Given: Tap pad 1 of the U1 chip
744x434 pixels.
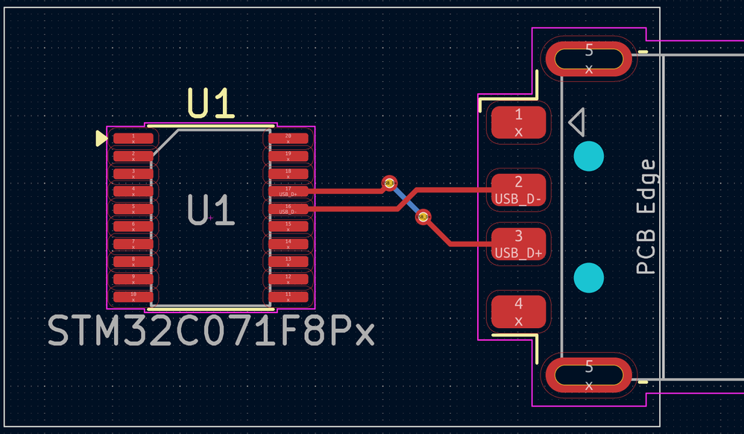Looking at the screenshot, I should pyautogui.click(x=133, y=139).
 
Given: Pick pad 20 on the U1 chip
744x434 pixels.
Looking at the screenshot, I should pyautogui.click(x=289, y=139).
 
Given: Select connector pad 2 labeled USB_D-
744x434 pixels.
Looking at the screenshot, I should pyautogui.click(x=519, y=189).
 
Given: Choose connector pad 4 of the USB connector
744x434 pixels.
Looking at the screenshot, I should pyautogui.click(x=519, y=312).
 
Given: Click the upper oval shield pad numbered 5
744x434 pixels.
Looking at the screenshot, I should pyautogui.click(x=589, y=59).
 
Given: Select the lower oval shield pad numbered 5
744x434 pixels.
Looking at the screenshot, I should pyautogui.click(x=589, y=375).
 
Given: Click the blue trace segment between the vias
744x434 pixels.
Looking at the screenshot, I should pyautogui.click(x=406, y=199).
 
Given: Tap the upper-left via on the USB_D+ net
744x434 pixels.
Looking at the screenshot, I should pyautogui.click(x=388, y=182).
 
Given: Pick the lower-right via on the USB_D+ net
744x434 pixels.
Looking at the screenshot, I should pyautogui.click(x=423, y=217).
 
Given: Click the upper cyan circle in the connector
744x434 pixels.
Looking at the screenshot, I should pyautogui.click(x=589, y=156).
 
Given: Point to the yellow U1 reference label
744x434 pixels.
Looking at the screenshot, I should pyautogui.click(x=211, y=104).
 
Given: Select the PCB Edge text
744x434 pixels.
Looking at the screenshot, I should pyautogui.click(x=647, y=217).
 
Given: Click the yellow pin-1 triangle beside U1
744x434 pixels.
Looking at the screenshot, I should pyautogui.click(x=101, y=139).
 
